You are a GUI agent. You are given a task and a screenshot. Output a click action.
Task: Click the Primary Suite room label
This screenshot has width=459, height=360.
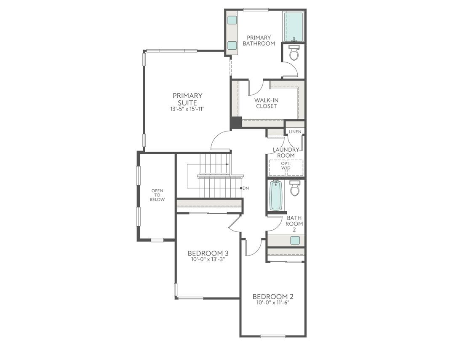pos(187,99)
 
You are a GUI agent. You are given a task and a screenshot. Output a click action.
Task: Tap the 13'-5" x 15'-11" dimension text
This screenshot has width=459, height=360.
pos(187,109)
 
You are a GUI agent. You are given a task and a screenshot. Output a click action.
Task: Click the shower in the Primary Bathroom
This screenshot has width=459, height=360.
pos(294,27)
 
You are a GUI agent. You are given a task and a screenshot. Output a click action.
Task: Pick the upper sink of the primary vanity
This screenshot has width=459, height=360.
pos(232,20)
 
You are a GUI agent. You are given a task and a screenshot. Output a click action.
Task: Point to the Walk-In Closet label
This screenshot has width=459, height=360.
pos(266,103)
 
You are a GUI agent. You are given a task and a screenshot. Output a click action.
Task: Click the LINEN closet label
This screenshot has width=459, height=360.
pos(295,132)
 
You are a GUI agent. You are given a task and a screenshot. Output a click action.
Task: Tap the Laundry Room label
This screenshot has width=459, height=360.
pos(286,153)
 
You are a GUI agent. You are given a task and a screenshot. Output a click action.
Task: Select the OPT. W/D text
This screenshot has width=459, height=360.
pos(286,166)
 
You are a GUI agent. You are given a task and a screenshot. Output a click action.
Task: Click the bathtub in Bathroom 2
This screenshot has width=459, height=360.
pos(275,195)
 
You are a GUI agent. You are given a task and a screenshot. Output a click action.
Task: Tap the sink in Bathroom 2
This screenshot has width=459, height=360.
pos(295,240)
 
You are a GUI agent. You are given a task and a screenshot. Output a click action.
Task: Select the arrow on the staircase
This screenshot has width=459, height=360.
pos(227,164)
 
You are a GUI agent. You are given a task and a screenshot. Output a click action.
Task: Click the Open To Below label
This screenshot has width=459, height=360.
pos(157,195)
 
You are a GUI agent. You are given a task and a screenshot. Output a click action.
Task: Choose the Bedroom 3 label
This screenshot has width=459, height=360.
pos(208,253)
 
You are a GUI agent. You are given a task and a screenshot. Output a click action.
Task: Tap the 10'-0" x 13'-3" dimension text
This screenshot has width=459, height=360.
pos(208,260)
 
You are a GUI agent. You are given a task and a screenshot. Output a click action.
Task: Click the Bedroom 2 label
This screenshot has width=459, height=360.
pos(273,296)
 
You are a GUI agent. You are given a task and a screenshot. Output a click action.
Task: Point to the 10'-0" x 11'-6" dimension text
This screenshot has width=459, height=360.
pos(273,303)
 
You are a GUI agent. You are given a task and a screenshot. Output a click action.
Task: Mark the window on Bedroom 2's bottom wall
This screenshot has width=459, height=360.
pos(273,336)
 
